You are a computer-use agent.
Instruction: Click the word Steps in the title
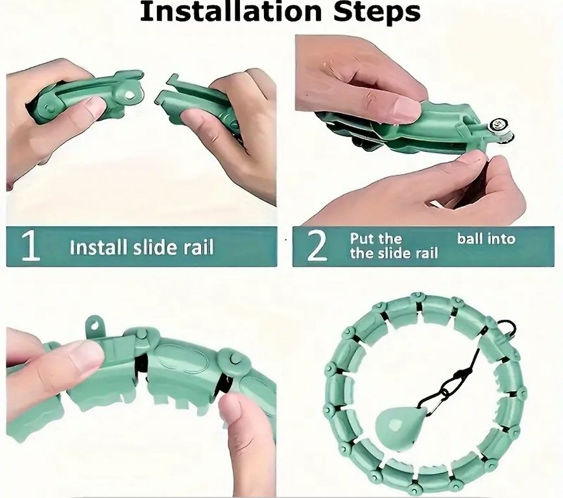pyautogui.click(x=377, y=13)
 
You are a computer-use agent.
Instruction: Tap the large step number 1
pyautogui.click(x=30, y=246)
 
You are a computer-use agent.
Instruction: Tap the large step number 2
pyautogui.click(x=317, y=246)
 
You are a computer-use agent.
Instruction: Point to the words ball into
pyautogui.click(x=486, y=239)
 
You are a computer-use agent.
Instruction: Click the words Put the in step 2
pyautogui.click(x=376, y=239)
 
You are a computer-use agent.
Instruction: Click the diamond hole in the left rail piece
pyautogui.click(x=129, y=95)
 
